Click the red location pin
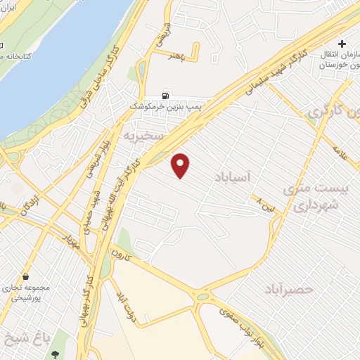[x=181, y=165]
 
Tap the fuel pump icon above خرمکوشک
[x=165, y=94]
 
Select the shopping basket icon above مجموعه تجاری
[x=26, y=277]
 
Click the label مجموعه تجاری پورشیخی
[x=28, y=293]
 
